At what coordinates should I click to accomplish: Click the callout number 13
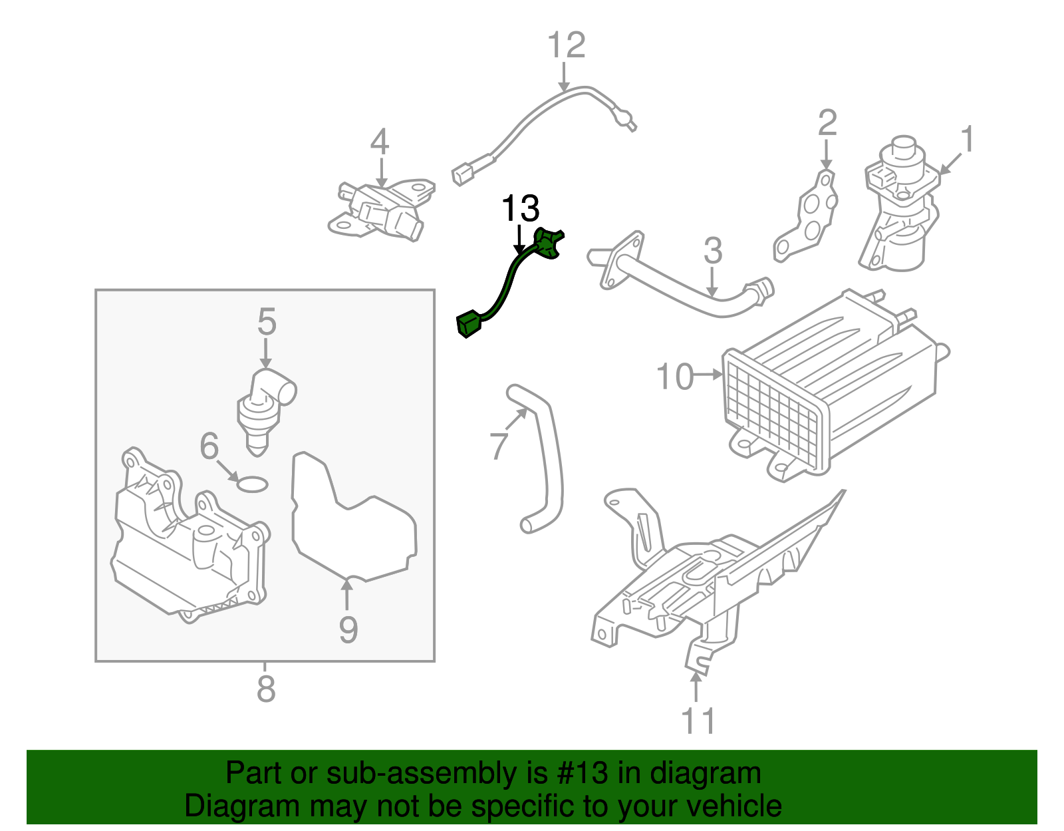pos(520,209)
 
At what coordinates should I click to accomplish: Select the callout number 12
pos(566,45)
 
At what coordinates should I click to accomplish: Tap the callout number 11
pos(698,721)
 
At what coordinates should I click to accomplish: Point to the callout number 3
pos(712,251)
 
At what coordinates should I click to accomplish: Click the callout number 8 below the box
pos(265,689)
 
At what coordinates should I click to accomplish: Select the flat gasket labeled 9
pos(352,526)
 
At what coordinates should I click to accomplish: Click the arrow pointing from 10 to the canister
pos(708,375)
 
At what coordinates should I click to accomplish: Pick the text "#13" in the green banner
pos(579,774)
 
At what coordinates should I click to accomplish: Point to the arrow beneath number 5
pos(265,353)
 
